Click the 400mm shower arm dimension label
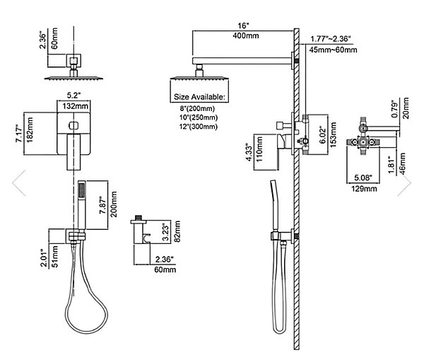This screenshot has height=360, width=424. pyautogui.click(x=245, y=35)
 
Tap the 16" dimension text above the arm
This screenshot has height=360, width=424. pyautogui.click(x=243, y=25)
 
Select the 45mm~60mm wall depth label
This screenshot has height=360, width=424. pyautogui.click(x=333, y=50)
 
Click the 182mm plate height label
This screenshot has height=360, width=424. pyautogui.click(x=30, y=129)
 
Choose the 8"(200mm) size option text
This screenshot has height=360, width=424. pyautogui.click(x=197, y=108)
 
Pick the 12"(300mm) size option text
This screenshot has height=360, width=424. pyautogui.click(x=199, y=127)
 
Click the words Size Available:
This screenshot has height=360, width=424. pyautogui.click(x=199, y=97)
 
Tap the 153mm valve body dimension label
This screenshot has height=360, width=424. pyautogui.click(x=334, y=135)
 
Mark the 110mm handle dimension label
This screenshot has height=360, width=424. pyautogui.click(x=259, y=149)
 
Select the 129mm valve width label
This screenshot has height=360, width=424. pyautogui.click(x=364, y=188)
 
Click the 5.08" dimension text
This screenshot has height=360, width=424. pyautogui.click(x=363, y=178)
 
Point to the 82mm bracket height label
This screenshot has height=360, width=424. pyautogui.click(x=177, y=232)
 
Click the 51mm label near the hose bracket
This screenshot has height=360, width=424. pyautogui.click(x=55, y=257)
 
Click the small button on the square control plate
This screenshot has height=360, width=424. pyautogui.click(x=73, y=125)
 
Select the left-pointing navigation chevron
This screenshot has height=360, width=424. pyautogui.click(x=19, y=183)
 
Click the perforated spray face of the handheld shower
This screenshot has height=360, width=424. pyautogui.click(x=81, y=190)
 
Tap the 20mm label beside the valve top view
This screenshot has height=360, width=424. pyautogui.click(x=406, y=108)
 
